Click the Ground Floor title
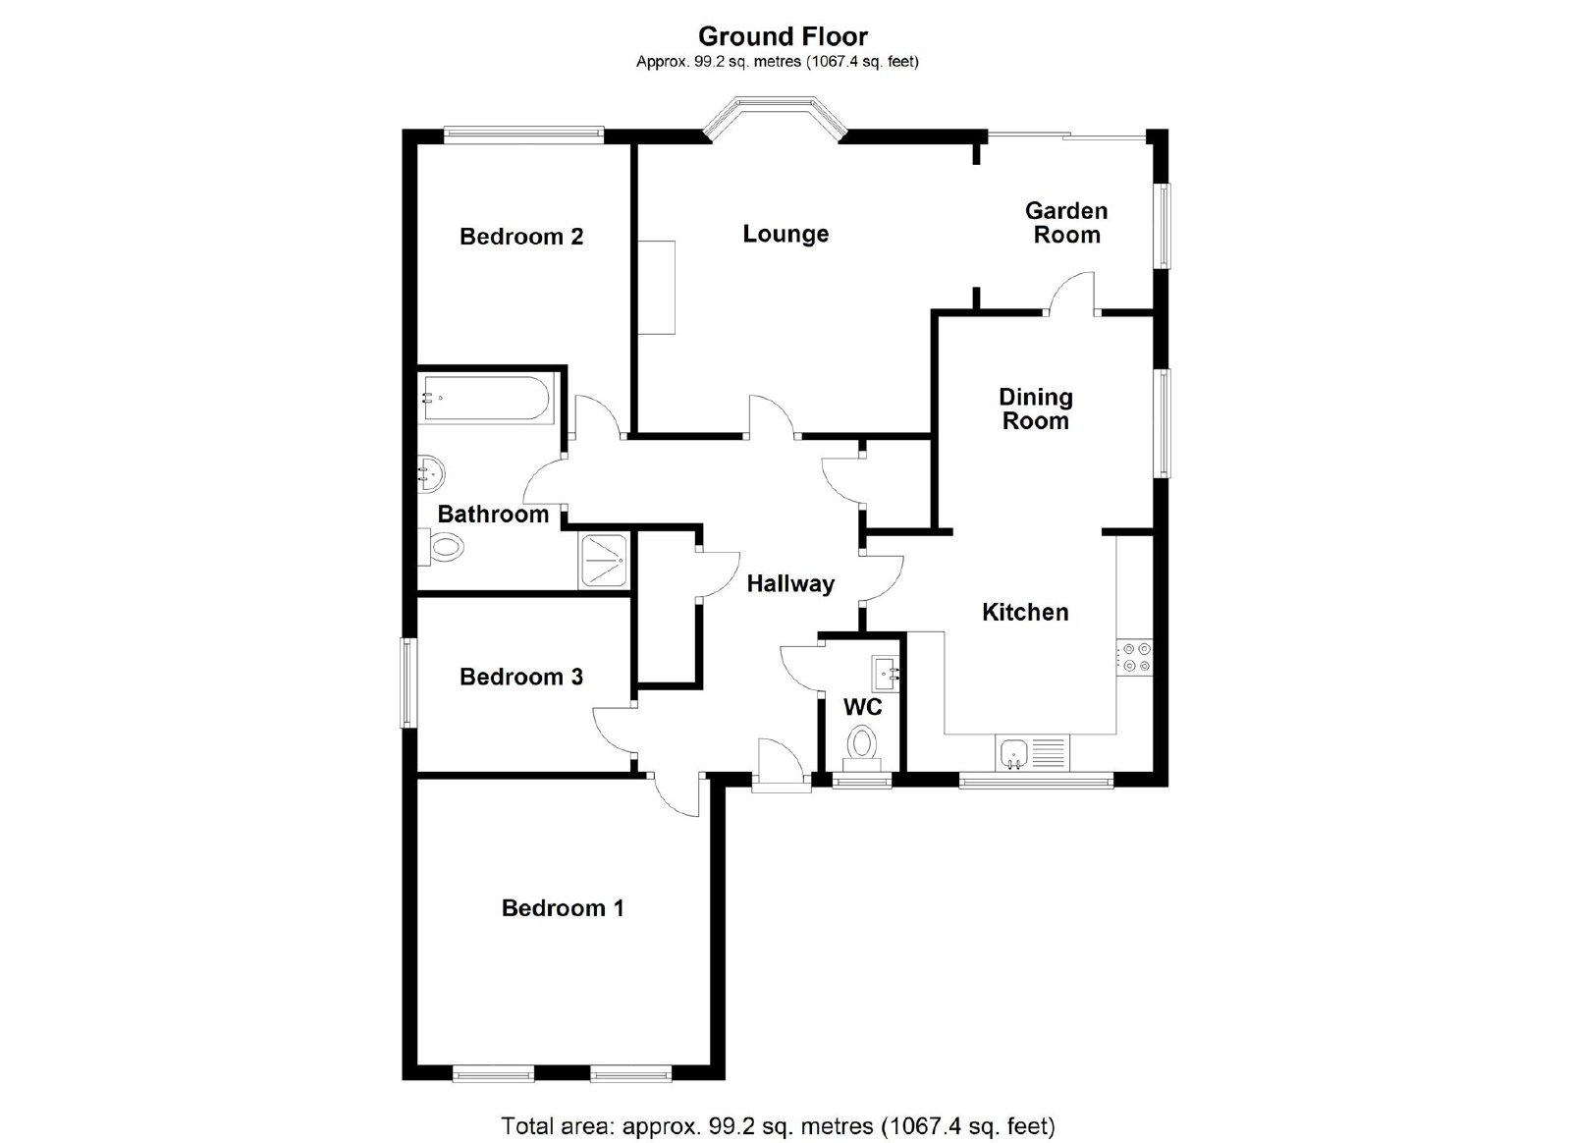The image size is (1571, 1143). pyautogui.click(x=783, y=35)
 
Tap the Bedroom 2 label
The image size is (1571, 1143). pyautogui.click(x=521, y=237)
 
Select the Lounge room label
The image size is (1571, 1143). pyautogui.click(x=785, y=234)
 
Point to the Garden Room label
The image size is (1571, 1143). pyautogui.click(x=1066, y=222)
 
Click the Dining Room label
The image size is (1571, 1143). pyautogui.click(x=1035, y=408)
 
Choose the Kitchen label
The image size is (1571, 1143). pyautogui.click(x=1025, y=612)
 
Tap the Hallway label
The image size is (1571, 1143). pyautogui.click(x=790, y=583)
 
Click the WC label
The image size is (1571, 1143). pyautogui.click(x=863, y=707)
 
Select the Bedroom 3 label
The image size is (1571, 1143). pyautogui.click(x=521, y=677)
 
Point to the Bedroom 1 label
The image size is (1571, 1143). pyautogui.click(x=563, y=908)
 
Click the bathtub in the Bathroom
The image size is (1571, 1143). pyautogui.click(x=488, y=399)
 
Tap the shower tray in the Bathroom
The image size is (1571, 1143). pyautogui.click(x=604, y=561)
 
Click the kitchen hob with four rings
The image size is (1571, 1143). pyautogui.click(x=1134, y=657)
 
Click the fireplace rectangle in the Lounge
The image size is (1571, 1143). pyautogui.click(x=657, y=288)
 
